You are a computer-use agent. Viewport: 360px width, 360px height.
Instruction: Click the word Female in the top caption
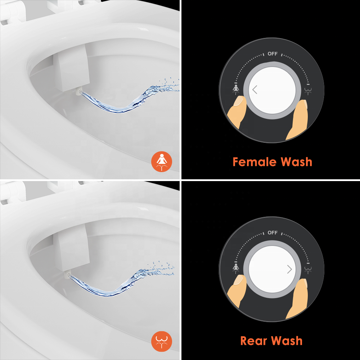coord(255,162)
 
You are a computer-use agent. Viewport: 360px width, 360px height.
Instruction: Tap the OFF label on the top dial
coord(273,54)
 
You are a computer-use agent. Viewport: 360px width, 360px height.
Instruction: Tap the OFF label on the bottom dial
coord(273,233)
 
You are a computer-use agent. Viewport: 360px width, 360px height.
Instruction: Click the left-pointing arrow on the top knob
coord(255,90)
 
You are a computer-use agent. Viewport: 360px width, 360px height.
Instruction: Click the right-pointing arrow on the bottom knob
coord(289,269)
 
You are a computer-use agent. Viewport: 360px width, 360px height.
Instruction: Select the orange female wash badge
coord(162,162)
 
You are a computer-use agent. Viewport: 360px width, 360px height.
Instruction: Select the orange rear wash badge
coord(162,341)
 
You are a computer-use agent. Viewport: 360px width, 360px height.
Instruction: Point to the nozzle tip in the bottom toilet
coord(68,275)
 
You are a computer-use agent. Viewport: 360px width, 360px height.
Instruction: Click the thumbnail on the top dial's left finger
coord(239,101)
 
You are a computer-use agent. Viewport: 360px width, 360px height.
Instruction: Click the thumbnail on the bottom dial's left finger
coord(239,280)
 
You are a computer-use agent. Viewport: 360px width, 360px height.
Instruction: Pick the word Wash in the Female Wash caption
coord(296,162)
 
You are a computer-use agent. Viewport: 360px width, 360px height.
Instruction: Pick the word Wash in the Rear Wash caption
coord(287,341)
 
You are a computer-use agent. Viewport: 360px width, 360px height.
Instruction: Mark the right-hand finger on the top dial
coord(298,120)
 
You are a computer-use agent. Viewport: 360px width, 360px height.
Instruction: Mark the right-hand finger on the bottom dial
coord(298,298)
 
